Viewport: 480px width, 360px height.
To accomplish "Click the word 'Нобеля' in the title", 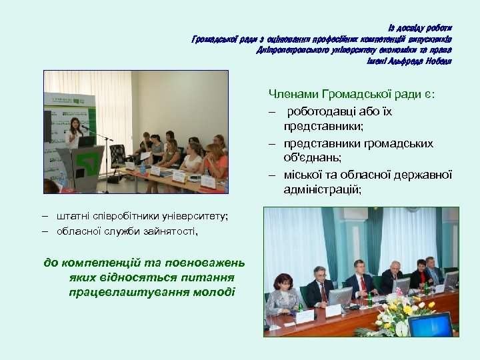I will point(437,61).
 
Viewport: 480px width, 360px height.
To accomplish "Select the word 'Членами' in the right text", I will point(293,95).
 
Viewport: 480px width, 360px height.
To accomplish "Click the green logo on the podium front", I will point(84,161).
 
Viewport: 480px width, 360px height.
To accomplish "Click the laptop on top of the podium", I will point(86,141).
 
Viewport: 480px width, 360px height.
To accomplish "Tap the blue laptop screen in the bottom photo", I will point(430,325).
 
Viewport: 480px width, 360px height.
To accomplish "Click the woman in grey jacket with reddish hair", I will point(282,296).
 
